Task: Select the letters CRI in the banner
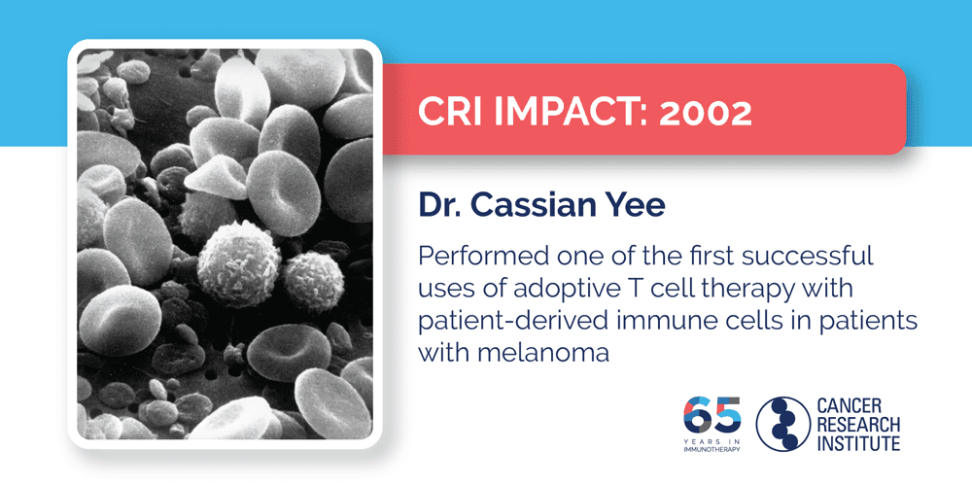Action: pos(446,114)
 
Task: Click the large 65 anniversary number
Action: pos(712,415)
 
